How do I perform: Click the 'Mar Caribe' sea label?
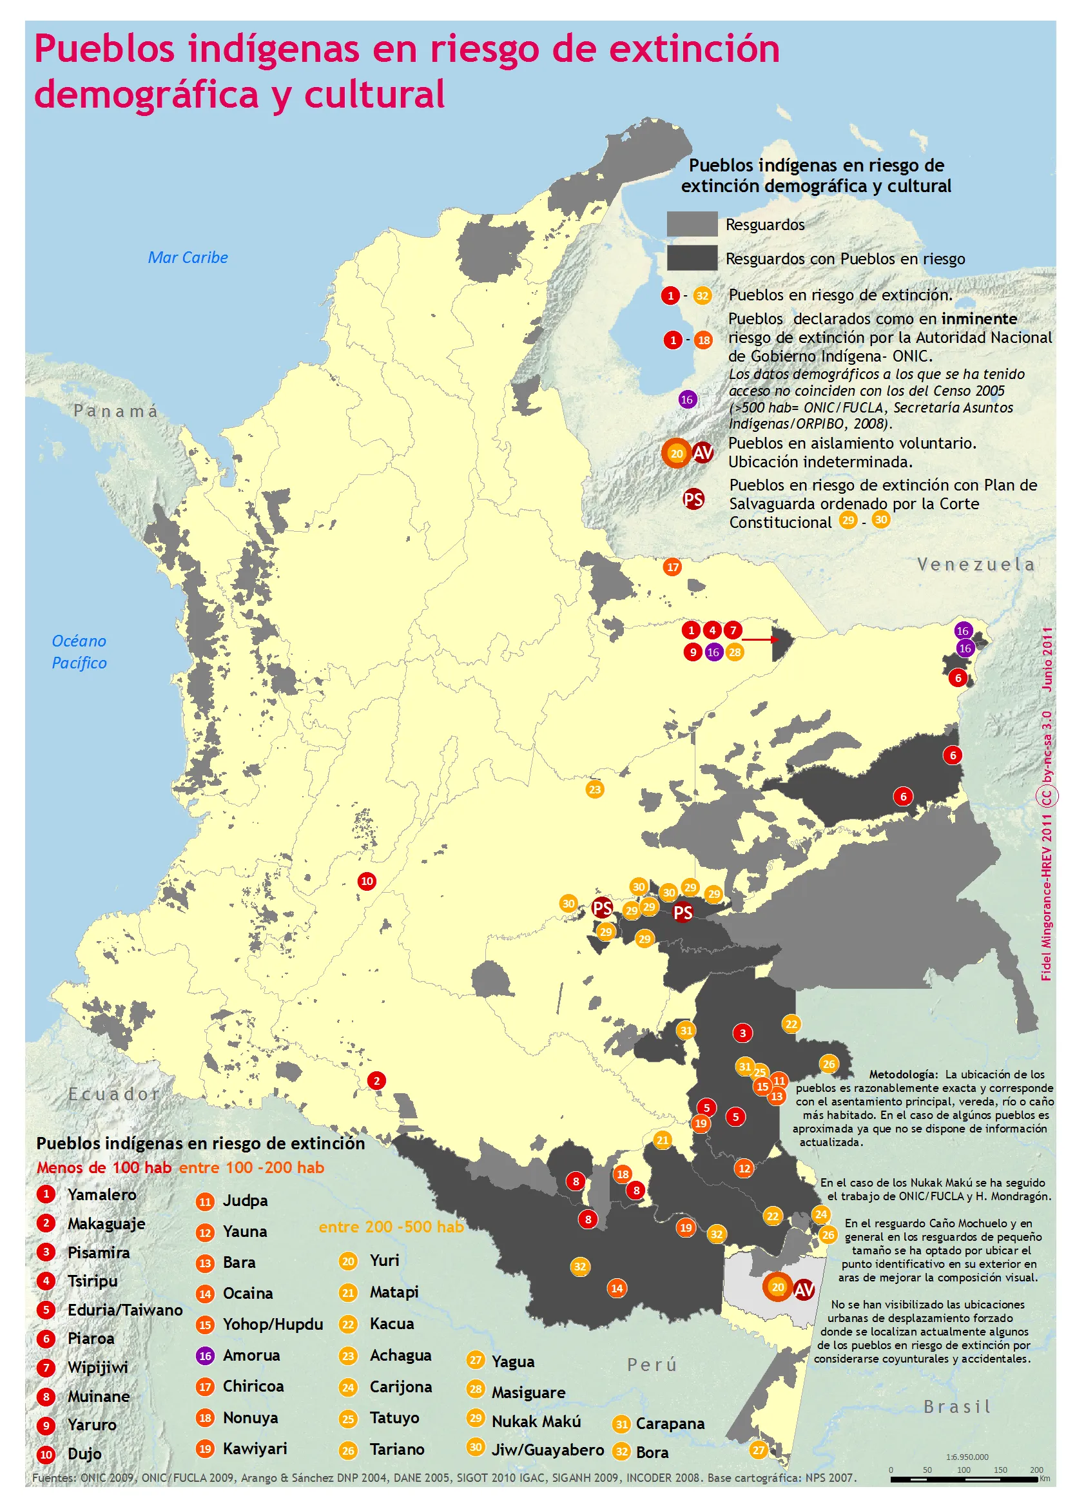coord(188,257)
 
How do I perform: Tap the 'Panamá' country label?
coord(115,411)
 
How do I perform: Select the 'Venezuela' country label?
coord(975,565)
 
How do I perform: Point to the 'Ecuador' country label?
coord(114,1094)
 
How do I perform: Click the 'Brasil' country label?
coord(957,1406)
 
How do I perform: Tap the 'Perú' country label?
coord(651,1365)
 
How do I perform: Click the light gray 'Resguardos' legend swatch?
coord(692,224)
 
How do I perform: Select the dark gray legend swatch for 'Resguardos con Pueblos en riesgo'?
coord(692,258)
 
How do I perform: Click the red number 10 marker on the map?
coord(367,881)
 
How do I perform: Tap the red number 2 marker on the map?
coord(376,1080)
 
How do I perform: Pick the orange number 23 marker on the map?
coord(595,789)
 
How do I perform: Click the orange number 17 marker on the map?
coord(672,567)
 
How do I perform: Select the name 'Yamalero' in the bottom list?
coord(102,1194)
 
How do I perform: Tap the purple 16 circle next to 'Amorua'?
coord(205,1356)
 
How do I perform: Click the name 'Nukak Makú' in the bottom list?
coord(536,1421)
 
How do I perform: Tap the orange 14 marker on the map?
coord(616,1288)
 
